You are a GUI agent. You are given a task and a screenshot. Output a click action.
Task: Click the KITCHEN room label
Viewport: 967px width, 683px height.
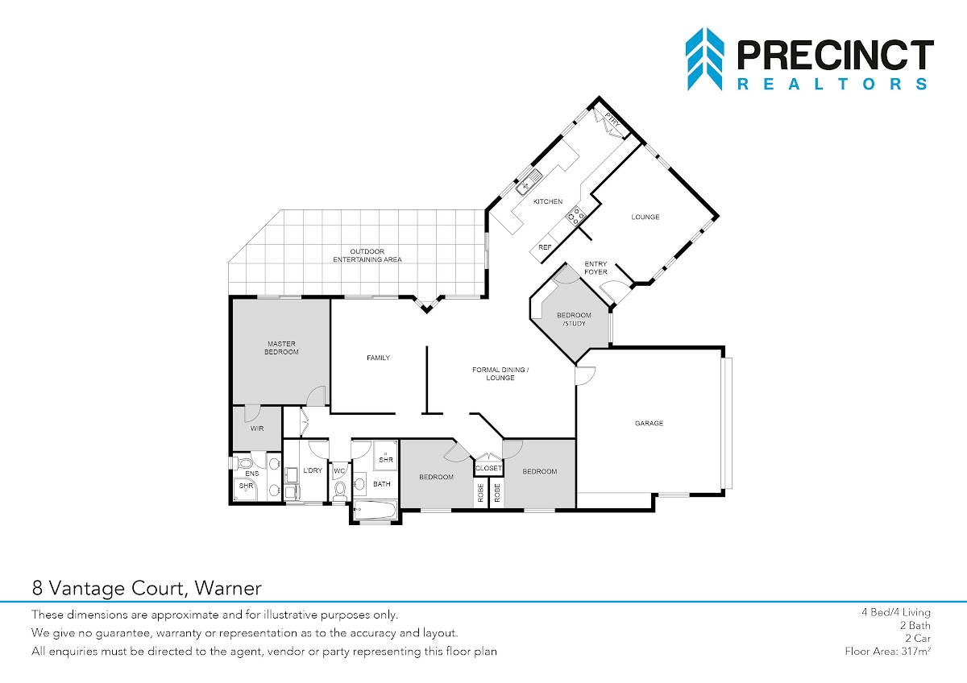(x=548, y=201)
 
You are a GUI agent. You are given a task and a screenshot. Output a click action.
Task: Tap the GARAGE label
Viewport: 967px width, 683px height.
(x=649, y=424)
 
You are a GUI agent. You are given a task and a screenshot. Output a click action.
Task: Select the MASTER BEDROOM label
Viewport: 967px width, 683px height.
(x=281, y=348)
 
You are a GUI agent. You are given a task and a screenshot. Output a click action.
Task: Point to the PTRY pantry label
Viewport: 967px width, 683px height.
(x=612, y=120)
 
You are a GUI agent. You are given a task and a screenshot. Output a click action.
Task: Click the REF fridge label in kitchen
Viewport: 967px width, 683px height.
(x=545, y=247)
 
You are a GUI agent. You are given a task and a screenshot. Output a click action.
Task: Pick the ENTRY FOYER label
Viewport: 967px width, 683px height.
(x=596, y=267)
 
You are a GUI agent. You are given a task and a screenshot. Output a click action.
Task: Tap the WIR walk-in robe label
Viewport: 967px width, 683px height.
(x=257, y=428)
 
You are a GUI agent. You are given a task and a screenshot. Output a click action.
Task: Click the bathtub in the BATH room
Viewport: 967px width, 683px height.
(x=375, y=511)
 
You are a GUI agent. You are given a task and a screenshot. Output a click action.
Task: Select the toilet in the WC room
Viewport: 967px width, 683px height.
(x=340, y=491)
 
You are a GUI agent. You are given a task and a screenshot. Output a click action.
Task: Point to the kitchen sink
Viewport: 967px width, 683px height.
(x=529, y=182)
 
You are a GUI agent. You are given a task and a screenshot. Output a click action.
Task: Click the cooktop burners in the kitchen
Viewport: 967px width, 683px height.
(x=576, y=216)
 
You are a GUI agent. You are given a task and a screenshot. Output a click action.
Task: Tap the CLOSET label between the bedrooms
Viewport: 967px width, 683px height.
(x=488, y=468)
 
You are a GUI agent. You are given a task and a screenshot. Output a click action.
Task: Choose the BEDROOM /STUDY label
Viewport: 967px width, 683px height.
(x=574, y=319)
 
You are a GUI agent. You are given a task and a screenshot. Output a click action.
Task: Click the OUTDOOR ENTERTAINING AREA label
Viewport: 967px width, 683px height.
(x=367, y=255)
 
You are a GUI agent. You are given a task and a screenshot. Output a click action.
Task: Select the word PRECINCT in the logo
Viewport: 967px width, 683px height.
(x=836, y=55)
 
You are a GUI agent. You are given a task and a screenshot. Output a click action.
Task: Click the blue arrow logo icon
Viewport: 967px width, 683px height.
(x=704, y=59)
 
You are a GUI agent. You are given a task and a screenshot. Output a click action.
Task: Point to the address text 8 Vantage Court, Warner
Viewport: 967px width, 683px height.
(x=147, y=588)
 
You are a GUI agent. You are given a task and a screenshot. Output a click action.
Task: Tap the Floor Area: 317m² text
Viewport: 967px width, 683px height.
(x=887, y=651)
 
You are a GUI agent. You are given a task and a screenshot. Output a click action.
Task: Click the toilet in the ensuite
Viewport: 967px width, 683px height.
(x=246, y=464)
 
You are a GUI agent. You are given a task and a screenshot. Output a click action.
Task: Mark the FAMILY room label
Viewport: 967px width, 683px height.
(x=378, y=358)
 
